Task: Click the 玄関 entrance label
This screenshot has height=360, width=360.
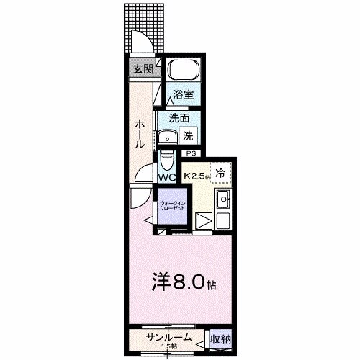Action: pyautogui.click(x=143, y=69)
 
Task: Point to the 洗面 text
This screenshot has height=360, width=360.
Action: pyautogui.click(x=179, y=118)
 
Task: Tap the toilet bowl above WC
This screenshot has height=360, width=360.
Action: pyautogui.click(x=166, y=157)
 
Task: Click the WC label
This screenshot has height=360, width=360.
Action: pyautogui.click(x=167, y=177)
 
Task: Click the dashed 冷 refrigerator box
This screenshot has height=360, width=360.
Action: pyautogui.click(x=221, y=173)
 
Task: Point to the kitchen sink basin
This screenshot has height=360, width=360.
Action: pyautogui.click(x=223, y=199)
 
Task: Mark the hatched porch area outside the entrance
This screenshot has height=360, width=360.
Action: pyautogui.click(x=144, y=25)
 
